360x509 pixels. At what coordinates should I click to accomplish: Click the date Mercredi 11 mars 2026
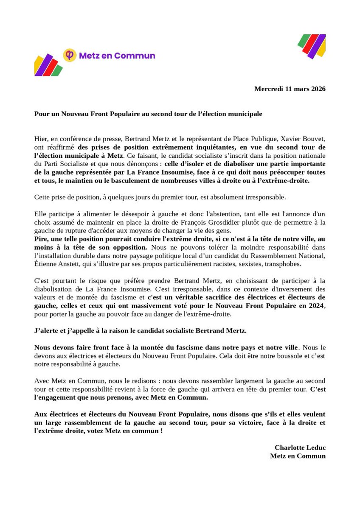[290, 89]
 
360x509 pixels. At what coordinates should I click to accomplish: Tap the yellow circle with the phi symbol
[69, 55]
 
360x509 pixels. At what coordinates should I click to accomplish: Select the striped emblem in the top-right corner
[312, 45]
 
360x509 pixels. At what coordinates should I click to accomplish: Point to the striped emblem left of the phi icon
[48, 65]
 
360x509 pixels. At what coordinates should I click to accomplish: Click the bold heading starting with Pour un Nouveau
[148, 114]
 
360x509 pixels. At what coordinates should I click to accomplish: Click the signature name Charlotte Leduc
[300, 447]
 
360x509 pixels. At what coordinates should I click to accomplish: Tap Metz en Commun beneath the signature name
[298, 456]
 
